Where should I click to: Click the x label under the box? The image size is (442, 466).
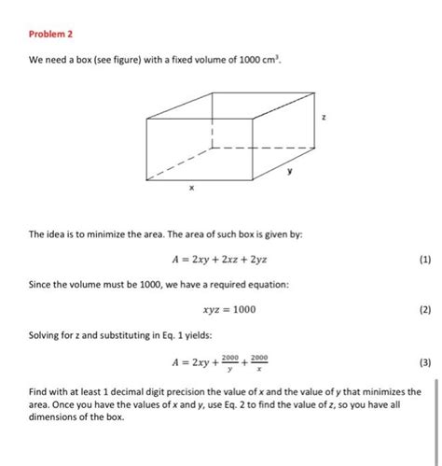click(190, 188)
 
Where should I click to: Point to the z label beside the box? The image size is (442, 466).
click(324, 118)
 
